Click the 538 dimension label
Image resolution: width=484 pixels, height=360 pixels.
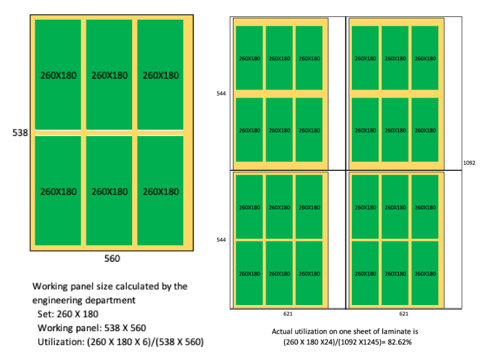pyautogui.click(x=20, y=132)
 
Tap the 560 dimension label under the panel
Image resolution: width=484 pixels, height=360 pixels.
pyautogui.click(x=112, y=259)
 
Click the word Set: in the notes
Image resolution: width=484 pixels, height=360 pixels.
pyautogui.click(x=45, y=314)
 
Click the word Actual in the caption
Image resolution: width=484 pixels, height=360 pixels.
pyautogui.click(x=283, y=332)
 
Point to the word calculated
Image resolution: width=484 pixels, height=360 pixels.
pyautogui.click(x=142, y=286)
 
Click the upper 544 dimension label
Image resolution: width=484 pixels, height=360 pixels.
pyautogui.click(x=221, y=94)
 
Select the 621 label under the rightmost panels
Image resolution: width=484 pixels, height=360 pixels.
pyautogui.click(x=404, y=314)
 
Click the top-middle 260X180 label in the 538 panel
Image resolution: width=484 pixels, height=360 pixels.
pyautogui.click(x=110, y=75)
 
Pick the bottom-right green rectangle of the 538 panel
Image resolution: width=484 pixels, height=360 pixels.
pyautogui.click(x=161, y=190)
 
